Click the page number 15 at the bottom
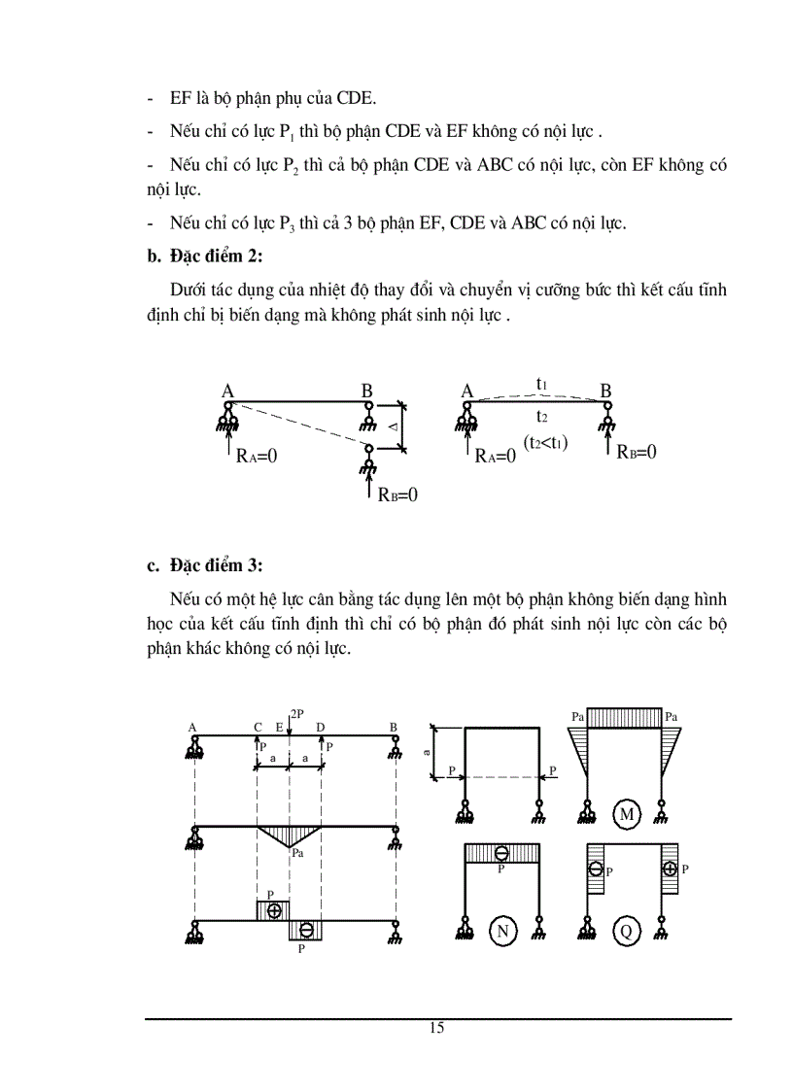tap(436, 1028)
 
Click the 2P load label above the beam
tap(297, 714)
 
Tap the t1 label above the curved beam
tap(541, 384)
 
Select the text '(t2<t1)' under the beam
tap(545, 442)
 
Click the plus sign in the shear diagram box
tap(274, 910)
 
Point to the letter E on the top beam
tap(279, 727)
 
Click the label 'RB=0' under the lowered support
tap(397, 494)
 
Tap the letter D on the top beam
tap(321, 727)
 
